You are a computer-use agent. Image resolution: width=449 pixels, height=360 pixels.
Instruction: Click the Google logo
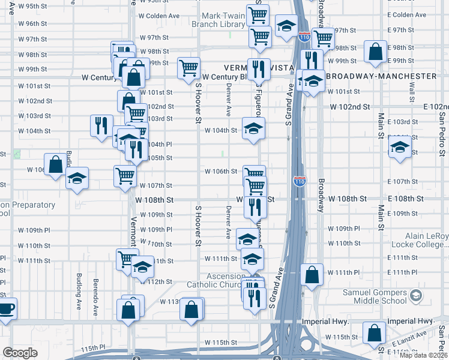(20, 353)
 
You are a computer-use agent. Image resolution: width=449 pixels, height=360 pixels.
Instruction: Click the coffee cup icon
(5, 309)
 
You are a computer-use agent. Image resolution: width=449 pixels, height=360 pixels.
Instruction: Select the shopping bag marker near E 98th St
(375, 52)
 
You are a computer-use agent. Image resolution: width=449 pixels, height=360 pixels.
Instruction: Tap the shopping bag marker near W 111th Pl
(312, 275)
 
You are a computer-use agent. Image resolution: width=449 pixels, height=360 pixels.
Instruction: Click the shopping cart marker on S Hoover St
(189, 68)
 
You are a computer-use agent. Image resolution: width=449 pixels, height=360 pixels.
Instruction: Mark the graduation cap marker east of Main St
(399, 148)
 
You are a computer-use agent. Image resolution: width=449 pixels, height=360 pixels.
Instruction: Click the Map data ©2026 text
(423, 355)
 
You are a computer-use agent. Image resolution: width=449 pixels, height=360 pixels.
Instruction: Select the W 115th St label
(220, 342)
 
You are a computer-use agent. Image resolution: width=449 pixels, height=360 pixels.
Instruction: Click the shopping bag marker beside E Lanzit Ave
(374, 334)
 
